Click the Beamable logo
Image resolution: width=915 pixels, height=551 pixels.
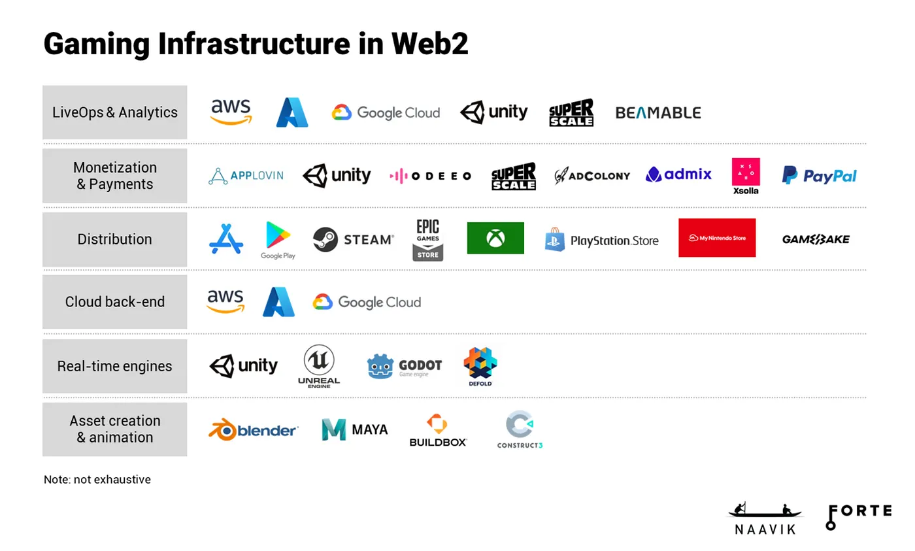[657, 113]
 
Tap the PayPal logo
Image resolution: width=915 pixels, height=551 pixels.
[819, 175]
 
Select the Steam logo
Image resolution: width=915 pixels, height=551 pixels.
[353, 239]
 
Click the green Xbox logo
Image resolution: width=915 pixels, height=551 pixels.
[495, 238]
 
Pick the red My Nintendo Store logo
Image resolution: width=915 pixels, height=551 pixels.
[716, 238]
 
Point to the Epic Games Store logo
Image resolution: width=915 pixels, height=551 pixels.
[427, 240]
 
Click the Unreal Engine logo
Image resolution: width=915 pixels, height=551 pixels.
[319, 367]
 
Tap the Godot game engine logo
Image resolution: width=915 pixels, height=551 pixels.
[404, 367]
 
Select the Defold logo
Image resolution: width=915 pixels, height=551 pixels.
[480, 366]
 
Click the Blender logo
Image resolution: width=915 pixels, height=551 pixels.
[253, 429]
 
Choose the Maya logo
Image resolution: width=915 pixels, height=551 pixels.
[354, 429]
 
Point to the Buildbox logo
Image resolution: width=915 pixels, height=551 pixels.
[438, 430]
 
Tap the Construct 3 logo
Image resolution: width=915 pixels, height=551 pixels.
[520, 429]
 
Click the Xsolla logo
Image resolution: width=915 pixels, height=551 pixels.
[746, 176]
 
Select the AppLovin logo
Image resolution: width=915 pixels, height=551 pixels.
[246, 175]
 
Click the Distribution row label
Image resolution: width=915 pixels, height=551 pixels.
[114, 239]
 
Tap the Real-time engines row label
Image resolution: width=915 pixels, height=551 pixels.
[114, 366]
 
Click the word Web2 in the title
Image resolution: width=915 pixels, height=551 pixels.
[429, 44]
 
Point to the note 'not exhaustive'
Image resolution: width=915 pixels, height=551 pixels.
[97, 479]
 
